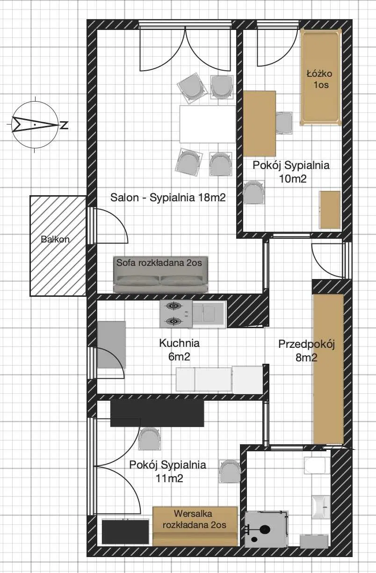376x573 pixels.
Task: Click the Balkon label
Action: point(55,239)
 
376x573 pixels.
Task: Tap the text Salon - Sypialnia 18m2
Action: point(168,198)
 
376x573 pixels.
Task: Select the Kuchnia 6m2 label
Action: point(179,350)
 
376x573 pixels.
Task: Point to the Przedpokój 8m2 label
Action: point(306,351)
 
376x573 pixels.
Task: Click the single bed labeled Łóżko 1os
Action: point(321,77)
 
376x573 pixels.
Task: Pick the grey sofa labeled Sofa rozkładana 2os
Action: point(161,274)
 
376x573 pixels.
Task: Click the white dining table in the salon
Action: point(207,124)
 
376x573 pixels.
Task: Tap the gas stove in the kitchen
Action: point(176,314)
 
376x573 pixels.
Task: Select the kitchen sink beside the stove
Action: point(210,314)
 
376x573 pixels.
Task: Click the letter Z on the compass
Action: point(64,125)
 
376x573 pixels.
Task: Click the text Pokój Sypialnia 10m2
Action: point(291,172)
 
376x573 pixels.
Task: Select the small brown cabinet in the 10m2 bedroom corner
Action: point(330,210)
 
